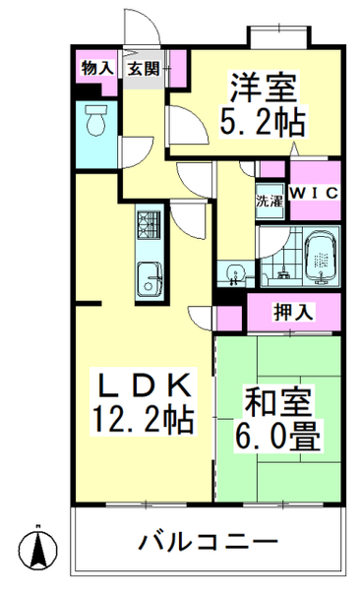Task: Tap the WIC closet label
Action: [315, 193]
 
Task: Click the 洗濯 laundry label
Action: [270, 202]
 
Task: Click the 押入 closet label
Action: [293, 313]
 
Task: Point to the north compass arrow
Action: [38, 543]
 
